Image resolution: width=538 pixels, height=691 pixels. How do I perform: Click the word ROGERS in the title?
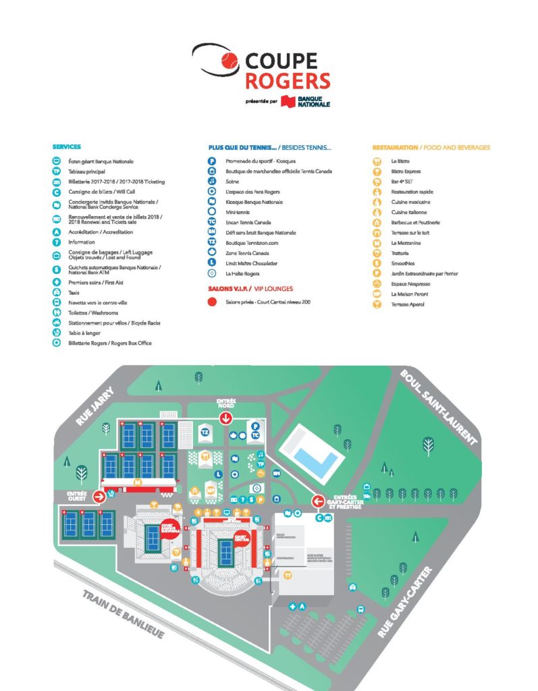tap(288, 81)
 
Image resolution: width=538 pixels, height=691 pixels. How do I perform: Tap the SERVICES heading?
tap(66, 147)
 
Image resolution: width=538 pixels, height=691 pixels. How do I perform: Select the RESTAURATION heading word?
tap(394, 147)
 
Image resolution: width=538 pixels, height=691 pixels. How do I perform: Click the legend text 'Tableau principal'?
tap(87, 171)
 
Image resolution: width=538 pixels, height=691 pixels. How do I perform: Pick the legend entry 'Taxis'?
tap(74, 293)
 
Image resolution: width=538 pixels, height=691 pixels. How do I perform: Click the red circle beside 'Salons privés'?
tap(212, 302)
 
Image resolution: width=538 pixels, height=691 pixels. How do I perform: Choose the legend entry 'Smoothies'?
tap(403, 263)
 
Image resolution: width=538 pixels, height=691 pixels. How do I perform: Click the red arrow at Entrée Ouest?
tap(99, 497)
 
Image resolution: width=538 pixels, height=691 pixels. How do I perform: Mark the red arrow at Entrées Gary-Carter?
tap(318, 501)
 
